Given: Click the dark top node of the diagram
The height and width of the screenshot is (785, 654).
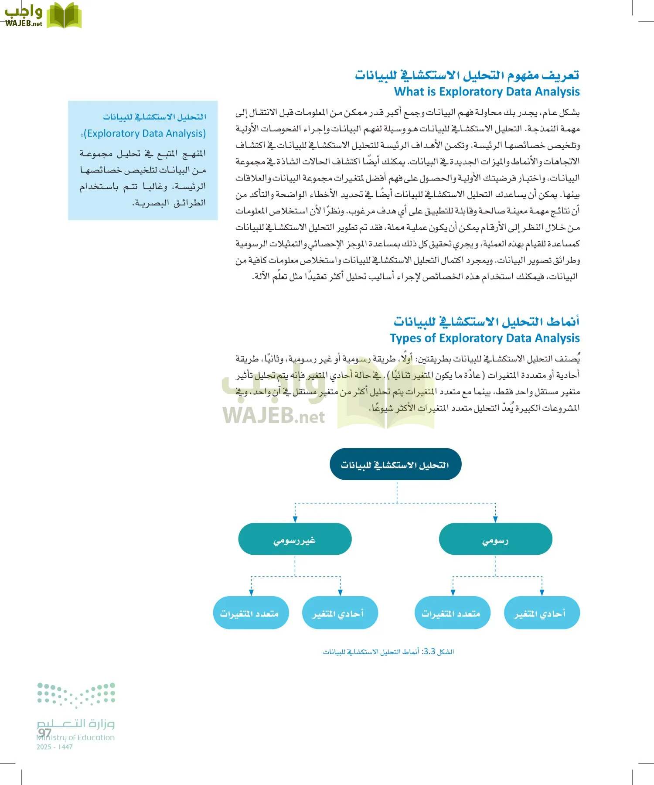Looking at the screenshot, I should point(395,464).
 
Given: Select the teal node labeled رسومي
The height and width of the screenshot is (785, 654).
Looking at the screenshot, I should point(495,539).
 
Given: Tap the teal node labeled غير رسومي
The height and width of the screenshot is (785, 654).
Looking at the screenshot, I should point(295,539).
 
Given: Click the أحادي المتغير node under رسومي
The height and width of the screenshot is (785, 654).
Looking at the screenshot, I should point(541,613).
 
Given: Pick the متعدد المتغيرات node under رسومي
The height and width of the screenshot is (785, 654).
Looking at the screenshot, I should point(452,613).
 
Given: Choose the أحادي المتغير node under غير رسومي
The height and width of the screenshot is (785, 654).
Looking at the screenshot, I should point(340,613).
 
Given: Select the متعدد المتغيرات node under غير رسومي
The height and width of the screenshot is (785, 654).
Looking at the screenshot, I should point(251,613).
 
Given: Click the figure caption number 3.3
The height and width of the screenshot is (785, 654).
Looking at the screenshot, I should point(429,652).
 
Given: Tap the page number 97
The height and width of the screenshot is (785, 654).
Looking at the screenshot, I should point(44,732).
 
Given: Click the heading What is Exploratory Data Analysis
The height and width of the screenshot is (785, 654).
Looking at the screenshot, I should point(487,92).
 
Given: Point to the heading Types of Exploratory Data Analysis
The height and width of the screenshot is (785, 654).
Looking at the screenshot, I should point(484,338).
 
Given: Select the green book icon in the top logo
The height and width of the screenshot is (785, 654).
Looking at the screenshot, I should point(64,16).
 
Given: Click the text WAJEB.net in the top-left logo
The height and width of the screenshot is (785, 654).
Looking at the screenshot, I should point(24,24).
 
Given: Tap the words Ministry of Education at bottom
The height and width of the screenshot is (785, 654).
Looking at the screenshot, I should point(76,738).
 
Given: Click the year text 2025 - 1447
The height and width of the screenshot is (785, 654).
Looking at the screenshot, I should point(54,747).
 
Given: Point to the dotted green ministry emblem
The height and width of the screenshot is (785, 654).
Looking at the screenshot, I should point(76,694).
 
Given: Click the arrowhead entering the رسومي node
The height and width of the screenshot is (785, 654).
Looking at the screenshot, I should point(495,519).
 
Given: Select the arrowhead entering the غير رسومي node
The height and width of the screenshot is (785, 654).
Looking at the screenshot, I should point(295,519).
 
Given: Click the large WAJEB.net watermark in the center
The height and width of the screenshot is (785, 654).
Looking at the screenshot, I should point(274,416).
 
